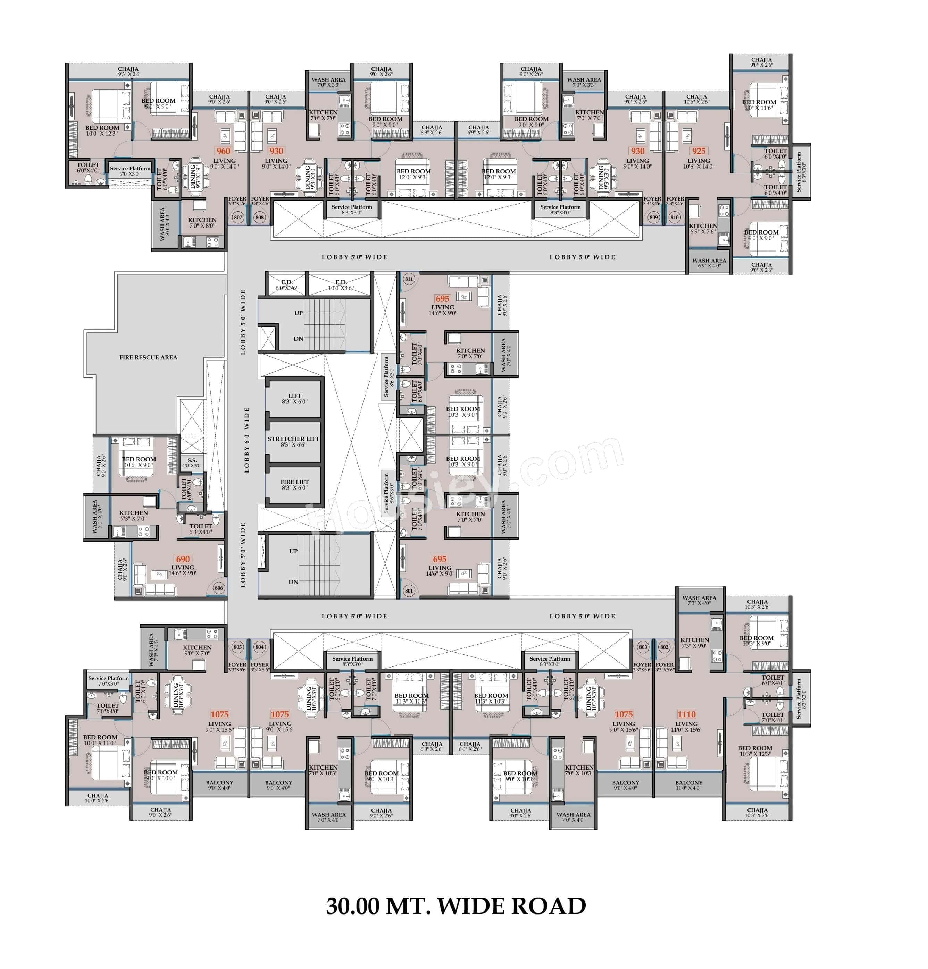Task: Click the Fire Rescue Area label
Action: click(x=148, y=357)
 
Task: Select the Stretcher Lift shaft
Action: click(x=294, y=442)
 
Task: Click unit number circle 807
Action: click(x=238, y=217)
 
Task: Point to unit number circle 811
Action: click(x=409, y=279)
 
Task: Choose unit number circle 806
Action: click(x=219, y=588)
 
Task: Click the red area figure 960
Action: click(x=223, y=151)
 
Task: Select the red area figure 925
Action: click(x=699, y=151)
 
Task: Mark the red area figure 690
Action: click(x=183, y=559)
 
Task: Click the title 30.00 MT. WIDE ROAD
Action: click(x=455, y=906)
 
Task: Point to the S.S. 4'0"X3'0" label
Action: click(x=192, y=463)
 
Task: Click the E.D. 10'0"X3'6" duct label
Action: click(x=341, y=285)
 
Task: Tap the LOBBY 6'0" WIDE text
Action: click(x=246, y=440)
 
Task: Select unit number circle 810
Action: click(x=674, y=217)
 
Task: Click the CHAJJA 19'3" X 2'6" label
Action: click(x=128, y=72)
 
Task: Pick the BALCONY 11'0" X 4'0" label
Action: click(x=688, y=785)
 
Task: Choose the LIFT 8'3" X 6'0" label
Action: click(x=294, y=399)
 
